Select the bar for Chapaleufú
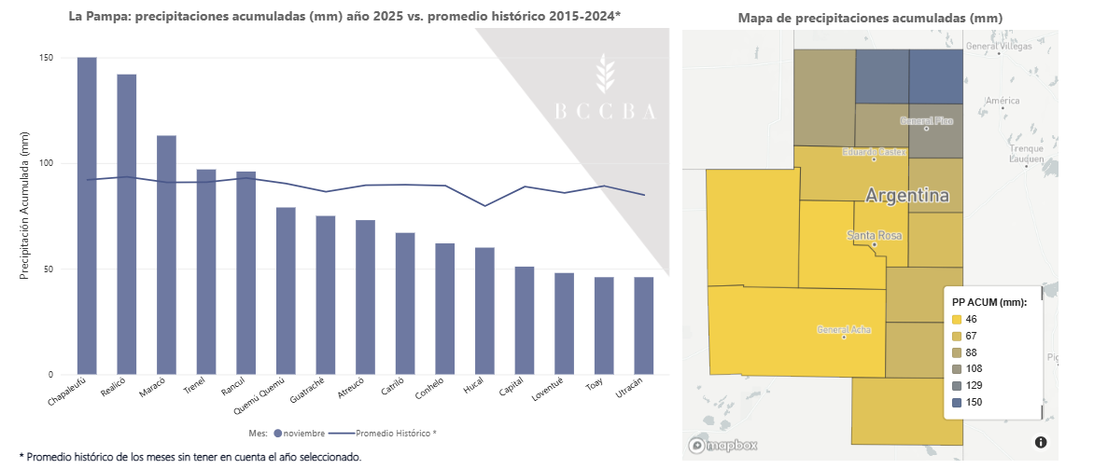point(87,215)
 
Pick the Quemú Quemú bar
point(286,291)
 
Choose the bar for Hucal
point(484,310)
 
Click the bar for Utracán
point(644,325)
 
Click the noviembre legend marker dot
point(278,433)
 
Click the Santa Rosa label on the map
point(875,236)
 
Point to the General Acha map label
point(844,329)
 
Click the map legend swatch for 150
point(957,402)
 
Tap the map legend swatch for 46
point(957,319)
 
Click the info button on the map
point(1041,442)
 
